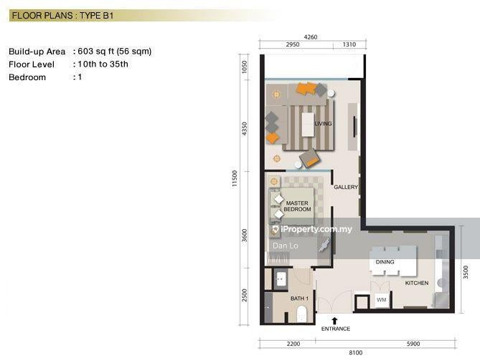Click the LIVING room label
(x=323, y=123)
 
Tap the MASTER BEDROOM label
(x=297, y=206)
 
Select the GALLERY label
(x=346, y=187)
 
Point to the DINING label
(x=385, y=262)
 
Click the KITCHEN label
(x=417, y=283)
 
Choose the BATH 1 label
(x=299, y=299)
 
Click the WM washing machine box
(x=381, y=300)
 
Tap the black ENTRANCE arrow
(x=334, y=321)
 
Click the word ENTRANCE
(x=336, y=329)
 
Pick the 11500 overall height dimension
(x=235, y=179)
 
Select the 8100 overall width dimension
(x=356, y=352)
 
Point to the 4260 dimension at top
(x=311, y=37)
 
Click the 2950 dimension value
(x=293, y=44)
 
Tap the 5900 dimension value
(x=413, y=344)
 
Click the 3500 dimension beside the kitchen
(x=466, y=272)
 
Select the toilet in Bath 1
(x=301, y=314)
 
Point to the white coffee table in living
(x=308, y=125)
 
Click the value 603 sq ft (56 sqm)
(x=115, y=52)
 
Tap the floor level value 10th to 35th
(x=103, y=64)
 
